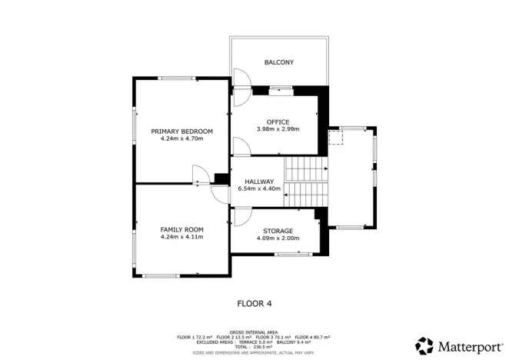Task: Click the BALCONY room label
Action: (x=278, y=62)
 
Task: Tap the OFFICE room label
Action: (x=278, y=122)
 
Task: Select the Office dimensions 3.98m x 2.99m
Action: (x=278, y=129)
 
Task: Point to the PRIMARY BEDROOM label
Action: (x=181, y=132)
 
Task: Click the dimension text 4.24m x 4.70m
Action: (x=181, y=139)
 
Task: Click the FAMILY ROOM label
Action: (x=181, y=229)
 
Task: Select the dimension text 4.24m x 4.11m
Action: (x=181, y=237)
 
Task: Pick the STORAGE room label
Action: (x=278, y=231)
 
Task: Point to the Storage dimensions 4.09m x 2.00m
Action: (x=278, y=238)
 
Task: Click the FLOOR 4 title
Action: (x=254, y=303)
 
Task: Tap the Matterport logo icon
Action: (x=424, y=345)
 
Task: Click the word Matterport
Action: (x=466, y=345)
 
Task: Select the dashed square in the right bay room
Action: (x=334, y=138)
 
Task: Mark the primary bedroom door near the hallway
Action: (x=198, y=175)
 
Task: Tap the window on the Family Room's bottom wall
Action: (x=161, y=275)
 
